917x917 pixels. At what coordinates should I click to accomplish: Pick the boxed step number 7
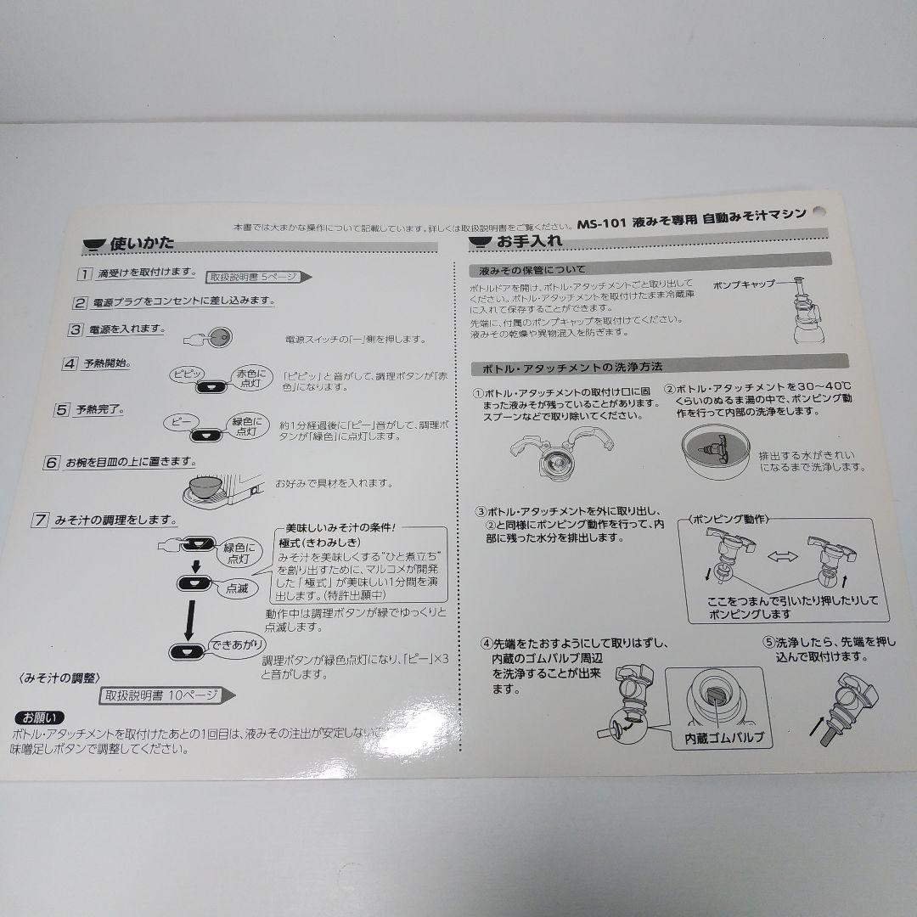(40, 520)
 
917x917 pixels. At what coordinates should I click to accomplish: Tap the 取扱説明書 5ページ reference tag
(252, 276)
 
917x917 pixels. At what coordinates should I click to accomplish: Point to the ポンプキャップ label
(744, 284)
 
